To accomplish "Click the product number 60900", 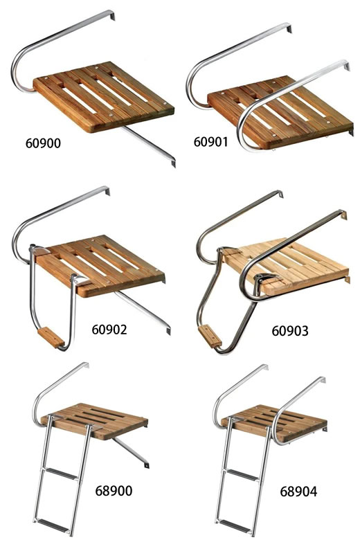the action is pyautogui.click(x=43, y=143).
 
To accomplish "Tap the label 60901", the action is pyautogui.click(x=210, y=141).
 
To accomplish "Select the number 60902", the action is pyautogui.click(x=109, y=330).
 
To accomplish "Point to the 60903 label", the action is pyautogui.click(x=290, y=331).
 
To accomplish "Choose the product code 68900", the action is pyautogui.click(x=114, y=490).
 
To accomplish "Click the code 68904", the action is pyautogui.click(x=298, y=491).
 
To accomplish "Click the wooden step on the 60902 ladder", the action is pyautogui.click(x=51, y=338).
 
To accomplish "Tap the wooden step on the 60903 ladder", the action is pyautogui.click(x=210, y=336).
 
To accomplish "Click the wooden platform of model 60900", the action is pyautogui.click(x=103, y=96).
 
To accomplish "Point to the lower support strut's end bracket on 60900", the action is pyautogui.click(x=172, y=163).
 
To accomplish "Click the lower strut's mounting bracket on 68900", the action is pyautogui.click(x=146, y=465).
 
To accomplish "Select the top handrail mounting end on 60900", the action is pyautogui.click(x=111, y=15).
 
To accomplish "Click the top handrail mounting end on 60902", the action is pyautogui.click(x=107, y=190).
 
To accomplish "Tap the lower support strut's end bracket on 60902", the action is pyautogui.click(x=168, y=330).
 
